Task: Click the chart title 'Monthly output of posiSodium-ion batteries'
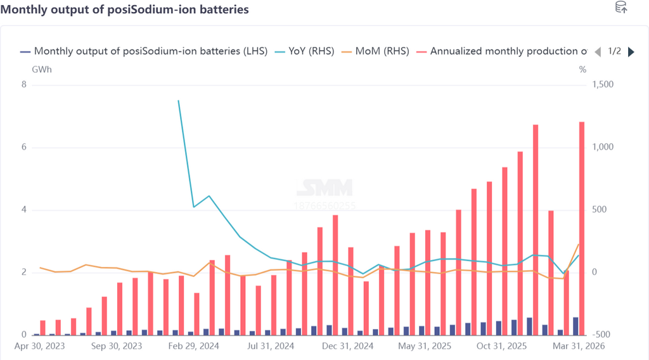tap(125, 10)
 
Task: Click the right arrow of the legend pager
tap(631, 52)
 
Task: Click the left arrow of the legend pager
tap(597, 52)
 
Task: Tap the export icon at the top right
tap(622, 8)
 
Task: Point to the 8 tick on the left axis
tap(24, 85)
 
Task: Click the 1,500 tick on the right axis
tap(603, 85)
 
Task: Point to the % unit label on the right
tap(582, 69)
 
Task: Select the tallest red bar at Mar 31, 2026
tap(582, 228)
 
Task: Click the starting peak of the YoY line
tap(178, 101)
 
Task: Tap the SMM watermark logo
tap(324, 188)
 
